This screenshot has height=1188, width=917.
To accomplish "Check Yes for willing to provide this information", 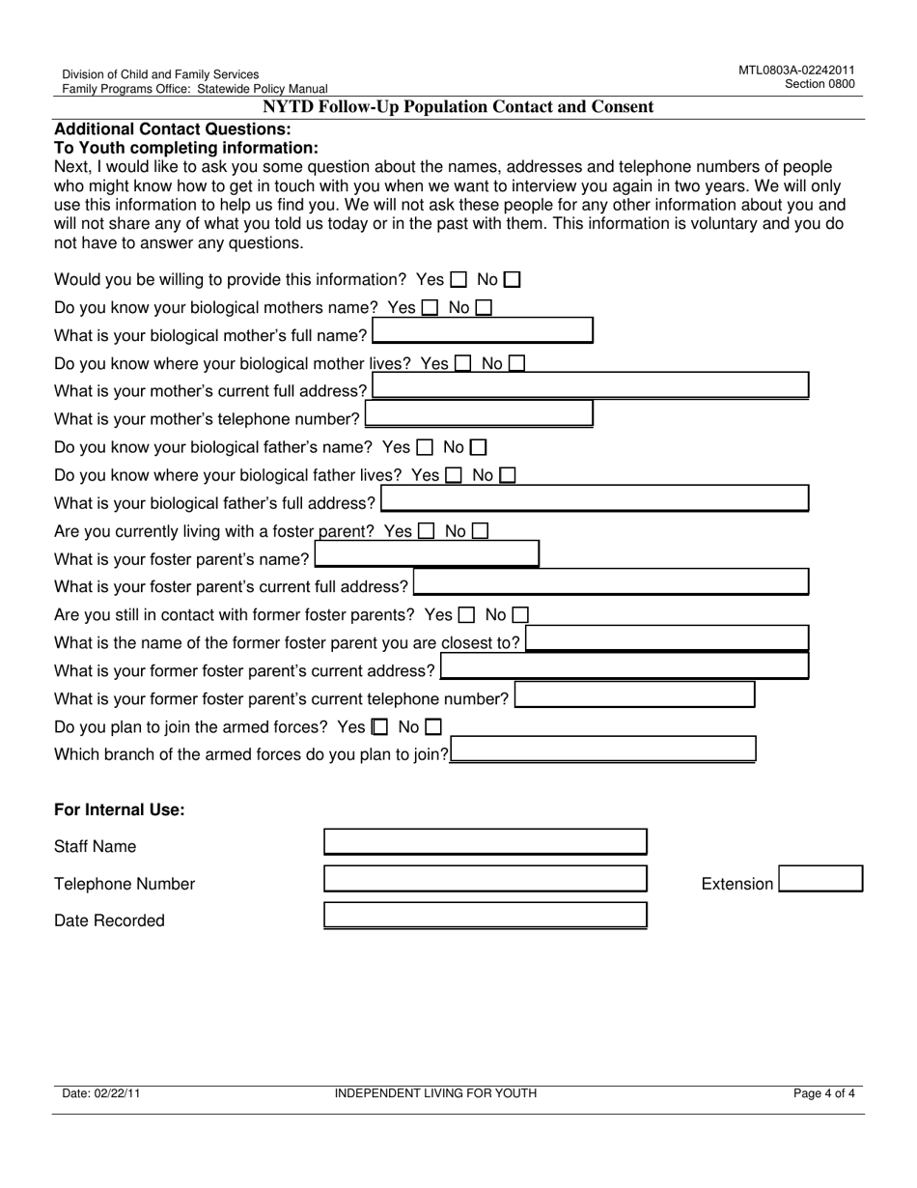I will (x=459, y=280).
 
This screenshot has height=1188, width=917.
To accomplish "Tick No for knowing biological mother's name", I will (x=484, y=308).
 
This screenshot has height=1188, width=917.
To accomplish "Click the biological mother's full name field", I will (x=483, y=332).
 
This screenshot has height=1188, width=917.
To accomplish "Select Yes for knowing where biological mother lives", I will (x=463, y=364).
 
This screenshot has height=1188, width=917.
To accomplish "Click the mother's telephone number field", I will (x=479, y=415).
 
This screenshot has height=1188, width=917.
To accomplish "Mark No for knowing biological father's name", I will (x=479, y=447).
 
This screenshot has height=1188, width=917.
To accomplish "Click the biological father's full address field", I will (x=595, y=499).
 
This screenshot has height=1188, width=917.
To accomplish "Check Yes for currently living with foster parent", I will (x=427, y=531).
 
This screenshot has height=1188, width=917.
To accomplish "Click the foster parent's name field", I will (x=427, y=555).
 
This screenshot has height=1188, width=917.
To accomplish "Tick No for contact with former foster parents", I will (x=520, y=614).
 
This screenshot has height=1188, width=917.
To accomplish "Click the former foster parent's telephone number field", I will (x=634, y=695).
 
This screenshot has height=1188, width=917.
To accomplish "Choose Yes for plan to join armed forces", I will (x=380, y=726).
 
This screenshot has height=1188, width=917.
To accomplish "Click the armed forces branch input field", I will (x=603, y=750).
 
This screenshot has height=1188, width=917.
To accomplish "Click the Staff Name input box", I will (x=485, y=842).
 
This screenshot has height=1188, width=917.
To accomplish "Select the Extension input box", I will (x=820, y=880).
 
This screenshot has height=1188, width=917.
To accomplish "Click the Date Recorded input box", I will (x=485, y=916).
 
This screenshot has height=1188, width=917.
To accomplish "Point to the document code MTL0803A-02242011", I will (x=796, y=71).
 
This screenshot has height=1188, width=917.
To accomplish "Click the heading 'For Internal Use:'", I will (x=120, y=810).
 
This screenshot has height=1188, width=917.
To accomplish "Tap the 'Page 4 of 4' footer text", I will (x=823, y=1094).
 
